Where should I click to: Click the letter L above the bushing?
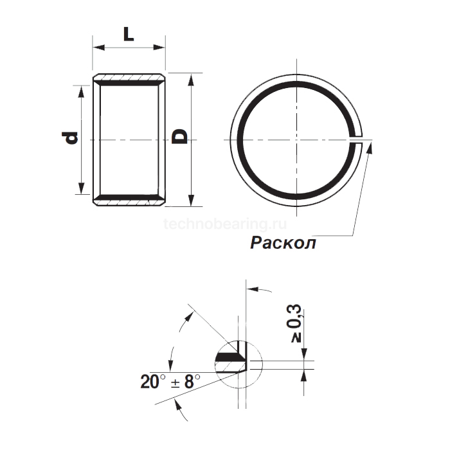pos(129,34)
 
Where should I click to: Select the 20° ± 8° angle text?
pos(170,381)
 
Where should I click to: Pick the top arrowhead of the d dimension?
pos(80,89)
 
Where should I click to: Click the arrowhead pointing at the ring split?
pos(369,147)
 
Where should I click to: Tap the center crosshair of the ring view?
pos(296,138)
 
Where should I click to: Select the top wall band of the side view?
pos(129,80)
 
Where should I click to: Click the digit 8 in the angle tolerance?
pos(188,381)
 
